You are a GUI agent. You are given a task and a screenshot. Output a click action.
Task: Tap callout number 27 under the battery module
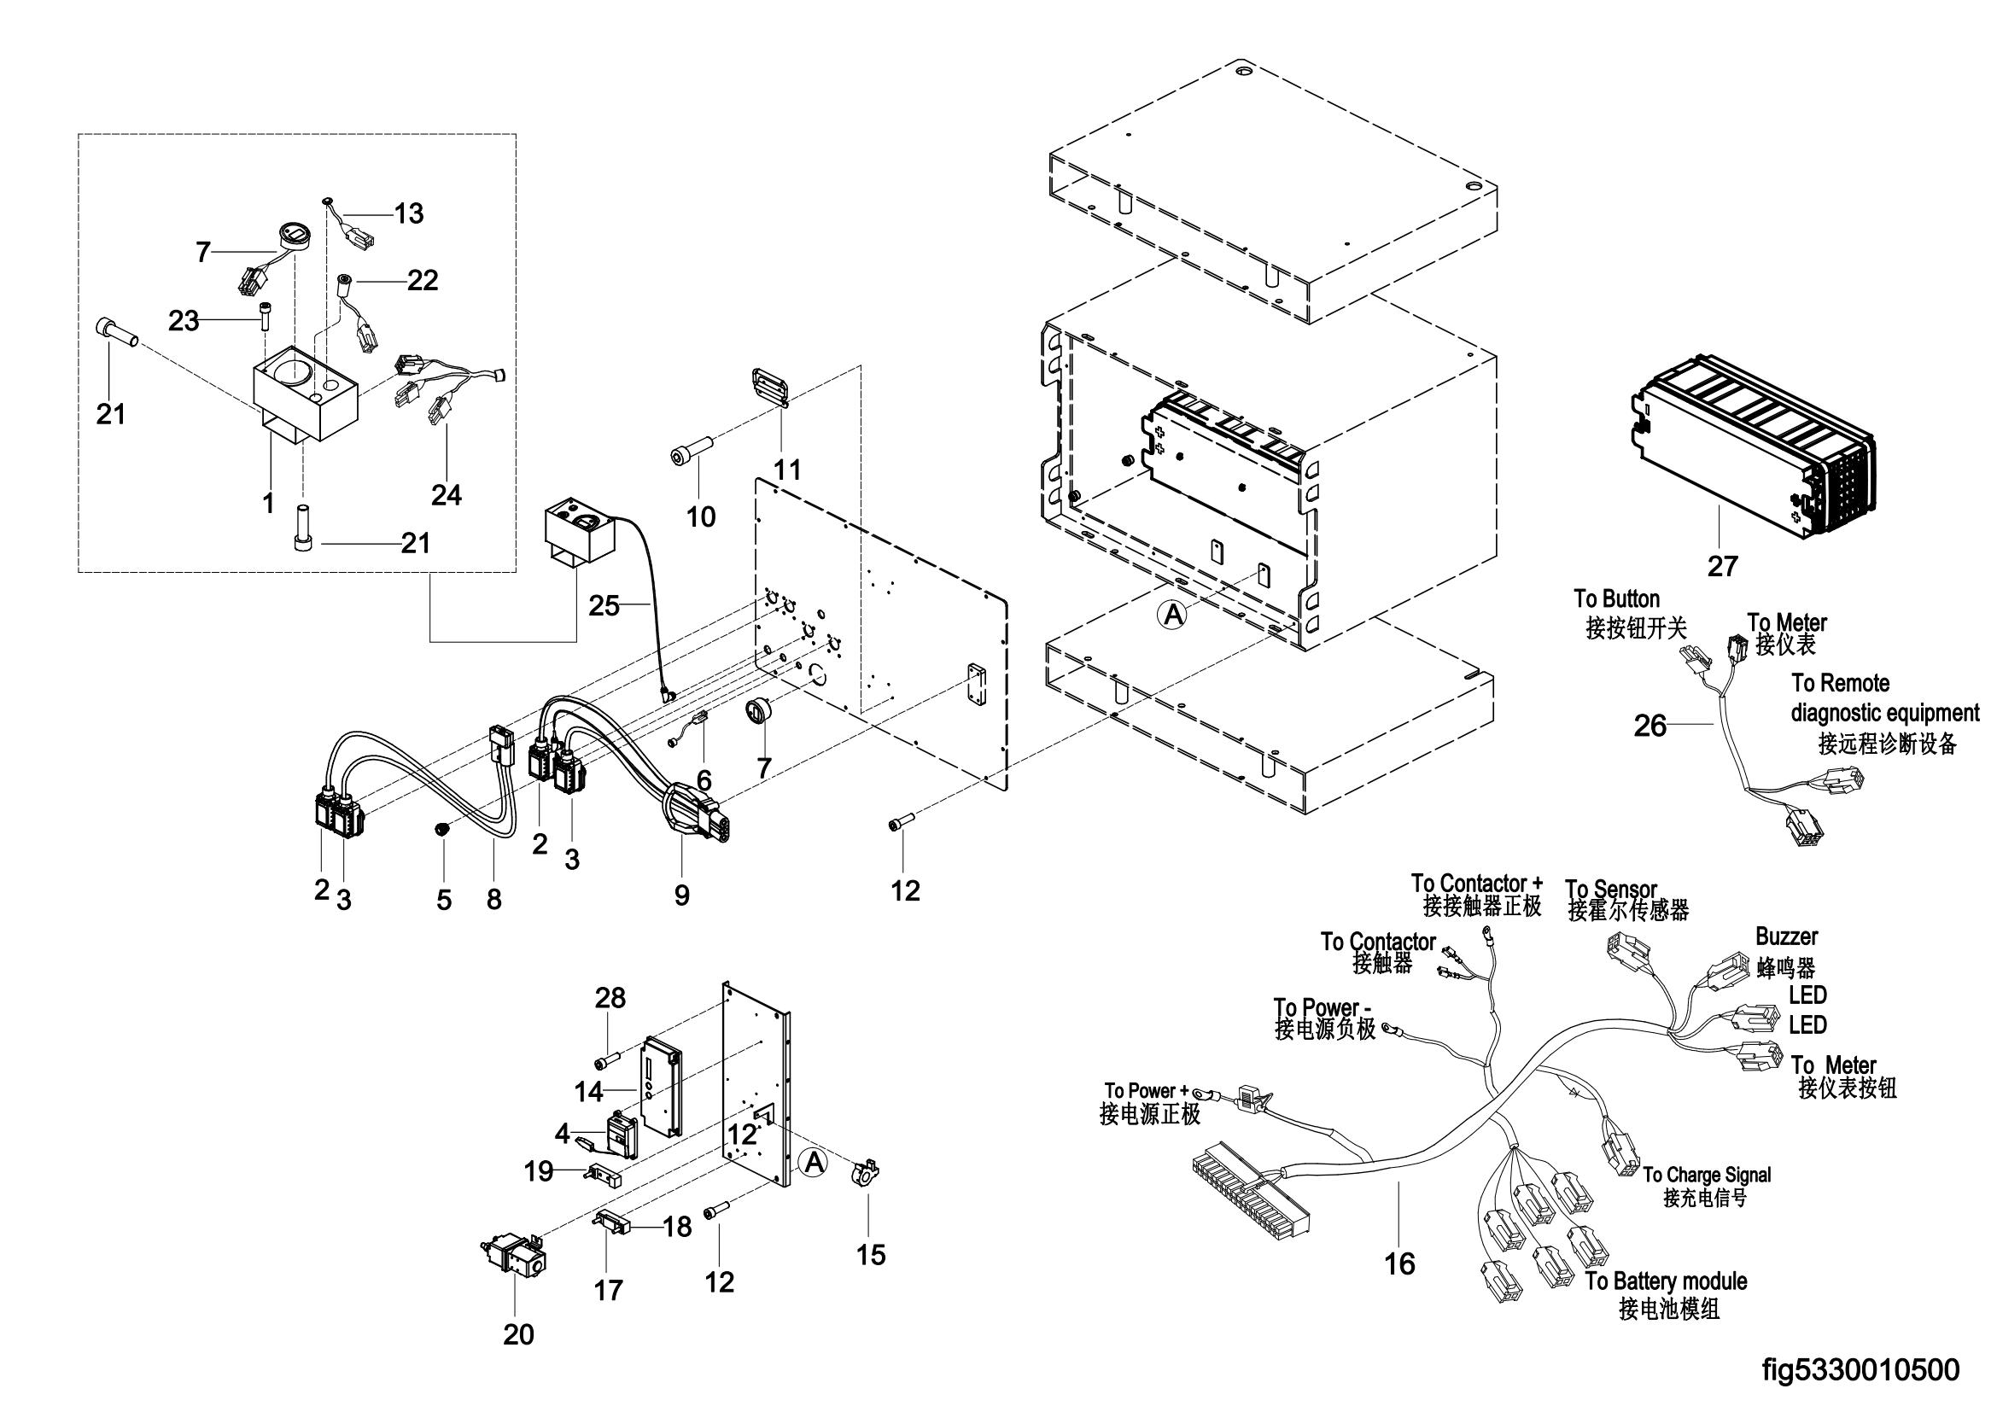click(1722, 566)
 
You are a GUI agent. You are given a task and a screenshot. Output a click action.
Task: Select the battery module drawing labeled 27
click(1753, 443)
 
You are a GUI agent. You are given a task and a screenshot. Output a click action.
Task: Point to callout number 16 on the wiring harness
click(1399, 1263)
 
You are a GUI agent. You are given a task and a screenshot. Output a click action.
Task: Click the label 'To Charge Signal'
click(1707, 1175)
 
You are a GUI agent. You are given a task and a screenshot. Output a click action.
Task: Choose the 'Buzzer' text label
click(1785, 936)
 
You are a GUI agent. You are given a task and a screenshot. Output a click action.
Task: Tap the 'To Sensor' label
click(1611, 890)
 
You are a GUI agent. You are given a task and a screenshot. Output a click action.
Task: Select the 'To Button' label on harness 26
click(1616, 599)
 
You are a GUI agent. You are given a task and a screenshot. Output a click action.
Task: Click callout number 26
click(1650, 725)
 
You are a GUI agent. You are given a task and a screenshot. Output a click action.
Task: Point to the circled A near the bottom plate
click(812, 1162)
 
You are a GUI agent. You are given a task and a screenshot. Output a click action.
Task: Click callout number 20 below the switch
click(518, 1333)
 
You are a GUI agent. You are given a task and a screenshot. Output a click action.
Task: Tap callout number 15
click(871, 1255)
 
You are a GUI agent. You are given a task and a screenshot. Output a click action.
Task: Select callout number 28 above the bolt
click(610, 997)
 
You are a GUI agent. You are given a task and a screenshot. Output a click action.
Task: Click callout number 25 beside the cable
click(604, 604)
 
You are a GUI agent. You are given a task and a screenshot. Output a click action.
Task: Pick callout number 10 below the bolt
click(701, 516)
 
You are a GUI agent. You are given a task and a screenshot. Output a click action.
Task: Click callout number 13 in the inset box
click(409, 213)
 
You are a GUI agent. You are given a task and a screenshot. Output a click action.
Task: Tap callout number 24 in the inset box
click(447, 495)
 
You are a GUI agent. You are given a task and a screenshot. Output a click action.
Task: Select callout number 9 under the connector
click(682, 896)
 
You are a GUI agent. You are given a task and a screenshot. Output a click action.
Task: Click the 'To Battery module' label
click(1666, 1281)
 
